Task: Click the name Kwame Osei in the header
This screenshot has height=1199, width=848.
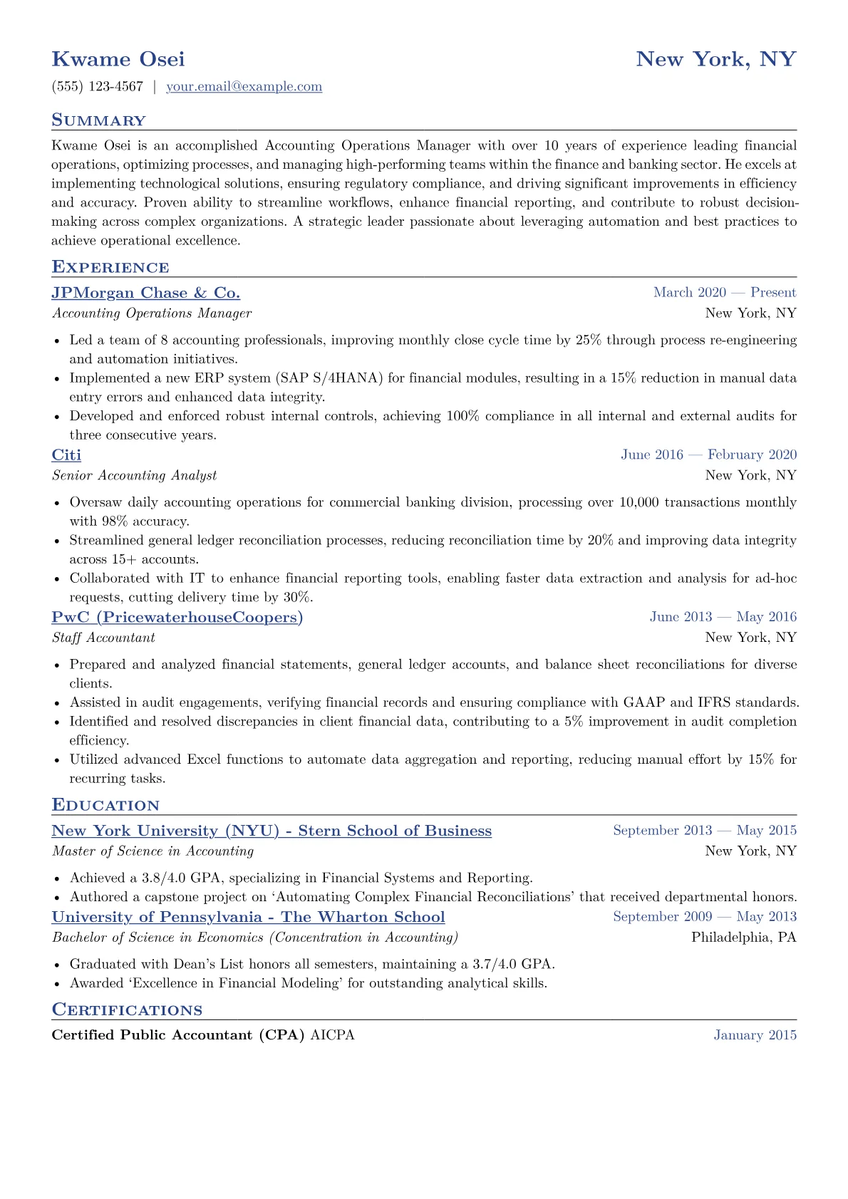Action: point(118,59)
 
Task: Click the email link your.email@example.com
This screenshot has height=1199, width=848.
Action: point(244,87)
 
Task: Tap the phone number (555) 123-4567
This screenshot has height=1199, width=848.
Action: point(98,87)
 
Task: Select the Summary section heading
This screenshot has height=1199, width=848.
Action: point(98,120)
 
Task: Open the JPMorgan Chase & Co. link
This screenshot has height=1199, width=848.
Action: point(146,293)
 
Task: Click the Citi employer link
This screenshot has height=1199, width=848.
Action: point(66,455)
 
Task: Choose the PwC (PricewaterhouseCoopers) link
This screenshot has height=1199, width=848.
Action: point(177,617)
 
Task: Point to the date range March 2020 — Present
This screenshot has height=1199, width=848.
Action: point(724,293)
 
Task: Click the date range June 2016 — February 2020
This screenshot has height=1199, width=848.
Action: point(708,455)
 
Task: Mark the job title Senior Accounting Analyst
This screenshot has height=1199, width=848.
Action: point(135,475)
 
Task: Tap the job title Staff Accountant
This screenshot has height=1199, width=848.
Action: point(103,638)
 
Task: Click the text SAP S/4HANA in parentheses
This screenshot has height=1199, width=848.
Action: point(330,378)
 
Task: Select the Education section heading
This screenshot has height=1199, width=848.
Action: point(105,805)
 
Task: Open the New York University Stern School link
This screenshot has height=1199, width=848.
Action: point(272,831)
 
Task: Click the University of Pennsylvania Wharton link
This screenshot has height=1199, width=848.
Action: point(248,917)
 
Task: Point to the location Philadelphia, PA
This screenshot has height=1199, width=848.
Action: point(743,938)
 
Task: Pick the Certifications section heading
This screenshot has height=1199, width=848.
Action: point(127,1010)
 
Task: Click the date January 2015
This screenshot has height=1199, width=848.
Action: point(755,1035)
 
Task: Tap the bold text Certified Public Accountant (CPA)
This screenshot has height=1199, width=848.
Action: point(178,1035)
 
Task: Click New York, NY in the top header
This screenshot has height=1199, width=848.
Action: point(715,59)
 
